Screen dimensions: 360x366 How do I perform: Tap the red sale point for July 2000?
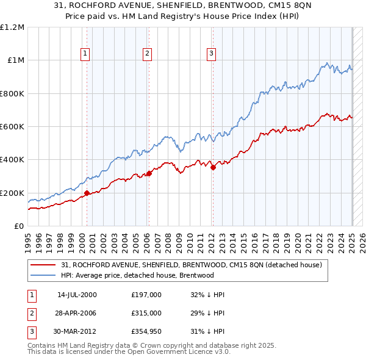[x=87, y=193]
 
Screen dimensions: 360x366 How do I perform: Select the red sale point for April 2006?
[x=149, y=174]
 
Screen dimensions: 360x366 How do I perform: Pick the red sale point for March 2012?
[x=213, y=168]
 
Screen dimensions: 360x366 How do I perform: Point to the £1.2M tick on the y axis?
[x=12, y=27]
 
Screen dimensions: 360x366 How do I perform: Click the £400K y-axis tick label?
[x=12, y=160]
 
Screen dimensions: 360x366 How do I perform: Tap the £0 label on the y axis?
[x=18, y=226]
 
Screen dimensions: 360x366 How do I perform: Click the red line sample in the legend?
[x=43, y=265]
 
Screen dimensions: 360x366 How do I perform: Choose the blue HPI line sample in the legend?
[x=43, y=275]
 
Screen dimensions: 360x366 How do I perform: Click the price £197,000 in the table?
[x=146, y=295]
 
